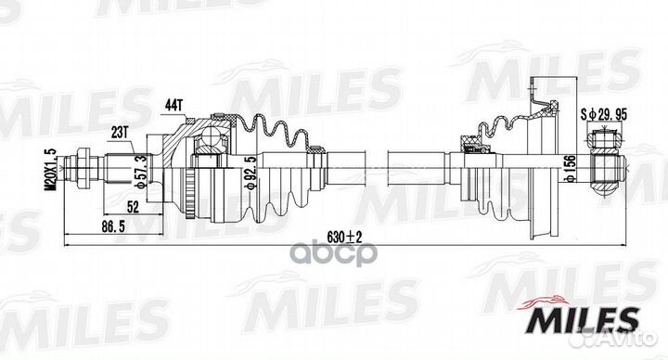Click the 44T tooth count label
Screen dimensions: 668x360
click(x=173, y=105)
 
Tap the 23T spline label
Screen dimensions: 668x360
click(x=120, y=133)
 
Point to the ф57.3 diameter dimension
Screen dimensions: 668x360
click(x=142, y=171)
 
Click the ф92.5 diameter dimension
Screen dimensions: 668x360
click(x=251, y=173)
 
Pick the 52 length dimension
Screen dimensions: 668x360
click(x=133, y=207)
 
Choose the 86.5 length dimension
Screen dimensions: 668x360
click(x=113, y=227)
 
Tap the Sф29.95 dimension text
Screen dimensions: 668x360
click(x=604, y=114)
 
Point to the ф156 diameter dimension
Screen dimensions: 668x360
click(x=571, y=168)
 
